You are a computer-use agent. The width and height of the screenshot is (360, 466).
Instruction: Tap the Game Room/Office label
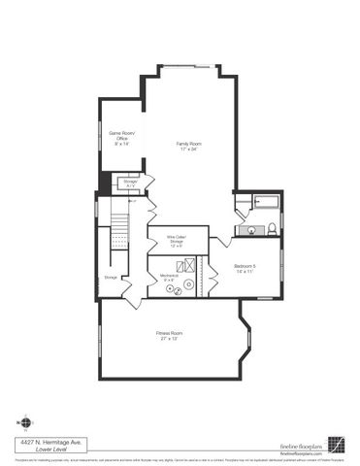[121, 135]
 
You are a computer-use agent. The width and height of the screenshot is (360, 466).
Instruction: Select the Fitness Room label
[170, 333]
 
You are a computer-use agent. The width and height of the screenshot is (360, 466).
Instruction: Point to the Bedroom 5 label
[245, 265]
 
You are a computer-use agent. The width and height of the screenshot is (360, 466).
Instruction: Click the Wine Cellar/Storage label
[176, 238]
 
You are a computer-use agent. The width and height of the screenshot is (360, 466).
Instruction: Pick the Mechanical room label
[168, 277]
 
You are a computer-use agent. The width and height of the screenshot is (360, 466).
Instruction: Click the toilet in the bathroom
[272, 228]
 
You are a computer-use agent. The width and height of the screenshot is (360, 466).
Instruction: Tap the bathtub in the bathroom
[263, 203]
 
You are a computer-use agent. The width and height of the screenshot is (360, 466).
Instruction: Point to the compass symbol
[25, 422]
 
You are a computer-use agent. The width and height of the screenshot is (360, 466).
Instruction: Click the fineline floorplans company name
[301, 442]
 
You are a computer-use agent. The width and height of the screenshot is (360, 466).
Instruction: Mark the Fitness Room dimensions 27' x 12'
[170, 340]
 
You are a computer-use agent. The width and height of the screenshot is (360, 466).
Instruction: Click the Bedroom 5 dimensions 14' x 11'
[245, 272]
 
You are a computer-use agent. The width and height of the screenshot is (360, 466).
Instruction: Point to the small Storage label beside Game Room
[130, 181]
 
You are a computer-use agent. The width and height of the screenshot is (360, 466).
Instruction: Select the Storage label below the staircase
[111, 278]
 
